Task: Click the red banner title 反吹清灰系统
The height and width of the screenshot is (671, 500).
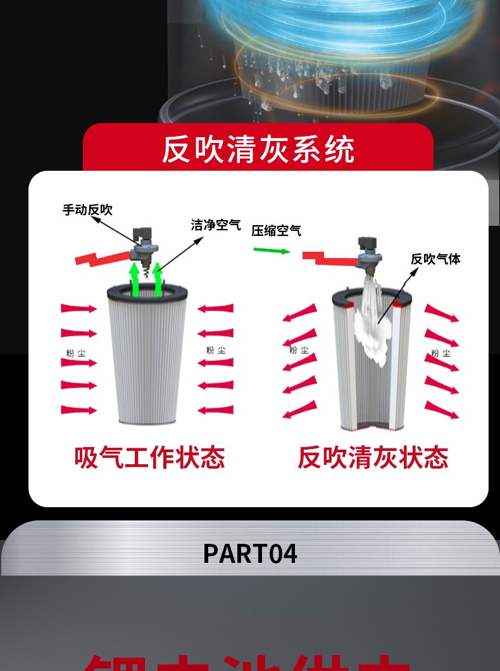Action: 258,149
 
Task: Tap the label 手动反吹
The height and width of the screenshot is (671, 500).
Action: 87,209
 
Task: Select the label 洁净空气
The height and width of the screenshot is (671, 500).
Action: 216,225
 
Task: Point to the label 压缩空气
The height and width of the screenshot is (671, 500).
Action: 276,231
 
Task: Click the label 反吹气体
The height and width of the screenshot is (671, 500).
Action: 435,259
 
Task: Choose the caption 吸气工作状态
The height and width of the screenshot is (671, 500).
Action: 149,457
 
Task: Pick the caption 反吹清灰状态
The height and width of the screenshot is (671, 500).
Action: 373,457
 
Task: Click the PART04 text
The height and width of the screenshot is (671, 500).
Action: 250,553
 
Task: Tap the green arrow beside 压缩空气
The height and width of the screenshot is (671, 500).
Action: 272,250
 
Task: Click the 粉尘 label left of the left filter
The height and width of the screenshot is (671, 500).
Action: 75,353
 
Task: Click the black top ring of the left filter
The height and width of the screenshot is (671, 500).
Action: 147,292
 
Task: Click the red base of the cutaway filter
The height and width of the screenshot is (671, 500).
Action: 372,428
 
